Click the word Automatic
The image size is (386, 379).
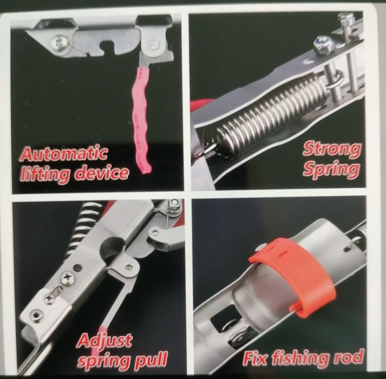click(64, 153)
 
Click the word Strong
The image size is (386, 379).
click(332, 149)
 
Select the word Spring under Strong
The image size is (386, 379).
click(331, 169)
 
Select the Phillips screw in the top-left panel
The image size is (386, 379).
click(60, 44)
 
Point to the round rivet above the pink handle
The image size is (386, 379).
click(154, 44)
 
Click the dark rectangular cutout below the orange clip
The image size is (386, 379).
click(225, 317)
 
